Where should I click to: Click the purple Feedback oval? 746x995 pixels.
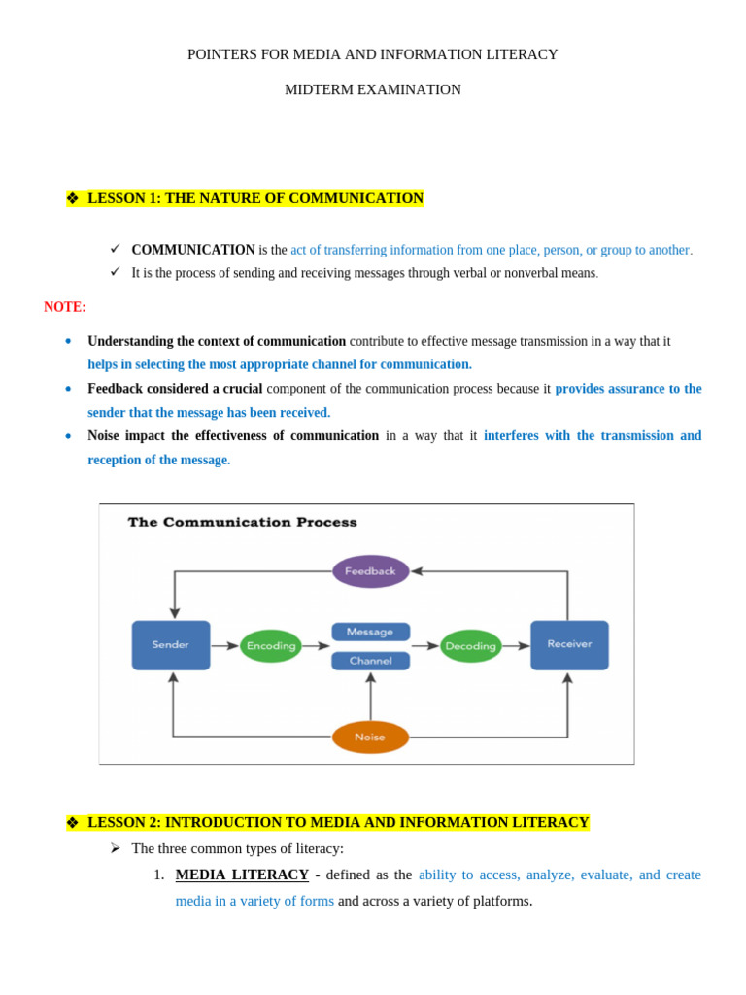click(x=370, y=571)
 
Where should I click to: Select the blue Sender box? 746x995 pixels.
click(x=171, y=645)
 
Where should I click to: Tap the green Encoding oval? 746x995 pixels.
click(x=271, y=646)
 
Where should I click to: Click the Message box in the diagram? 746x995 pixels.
click(x=370, y=632)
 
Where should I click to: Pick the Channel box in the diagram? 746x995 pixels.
click(x=370, y=661)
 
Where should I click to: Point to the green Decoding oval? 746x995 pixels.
click(x=470, y=646)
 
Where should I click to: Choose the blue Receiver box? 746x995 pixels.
click(x=569, y=645)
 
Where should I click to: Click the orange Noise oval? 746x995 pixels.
click(x=370, y=737)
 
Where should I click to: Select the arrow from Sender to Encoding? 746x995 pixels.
click(x=225, y=646)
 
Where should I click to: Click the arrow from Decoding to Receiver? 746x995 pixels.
click(x=517, y=646)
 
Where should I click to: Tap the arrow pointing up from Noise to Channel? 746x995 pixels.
click(x=370, y=696)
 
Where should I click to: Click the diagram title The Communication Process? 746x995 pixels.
click(x=243, y=522)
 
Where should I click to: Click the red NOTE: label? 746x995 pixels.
click(x=65, y=307)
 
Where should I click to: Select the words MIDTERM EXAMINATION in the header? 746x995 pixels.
click(x=373, y=89)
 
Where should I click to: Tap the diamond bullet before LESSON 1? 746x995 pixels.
click(x=72, y=199)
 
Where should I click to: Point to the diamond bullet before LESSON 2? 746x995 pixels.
click(x=72, y=823)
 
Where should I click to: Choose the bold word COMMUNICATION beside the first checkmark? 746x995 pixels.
click(x=193, y=250)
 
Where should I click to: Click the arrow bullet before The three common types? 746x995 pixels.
click(x=115, y=848)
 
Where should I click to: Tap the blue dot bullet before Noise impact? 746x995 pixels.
click(x=68, y=436)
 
